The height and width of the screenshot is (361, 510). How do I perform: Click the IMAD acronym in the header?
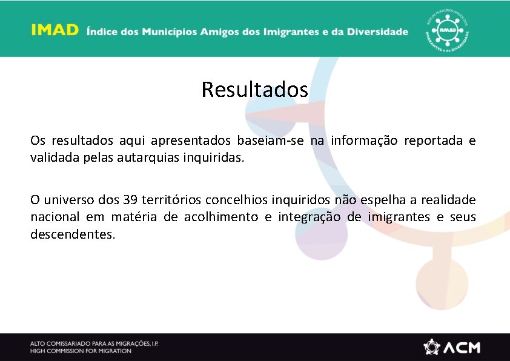pyautogui.click(x=55, y=31)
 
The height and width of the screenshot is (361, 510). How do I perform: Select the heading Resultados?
pyautogui.click(x=255, y=90)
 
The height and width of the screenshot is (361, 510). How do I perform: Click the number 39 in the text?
pyautogui.click(x=130, y=200)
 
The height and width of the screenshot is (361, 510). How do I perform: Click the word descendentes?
pyautogui.click(x=72, y=234)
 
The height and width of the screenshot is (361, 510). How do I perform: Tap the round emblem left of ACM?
pyautogui.click(x=432, y=347)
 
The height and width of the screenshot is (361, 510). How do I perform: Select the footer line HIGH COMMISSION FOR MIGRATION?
pyautogui.click(x=81, y=351)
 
